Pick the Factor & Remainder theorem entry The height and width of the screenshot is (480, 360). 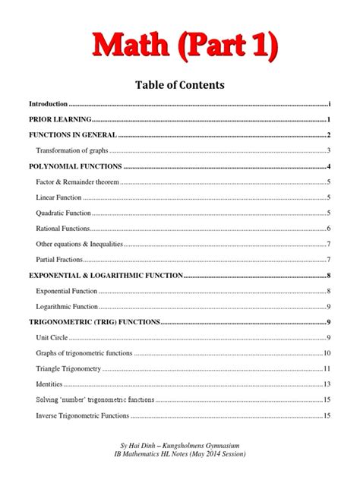tap(77, 182)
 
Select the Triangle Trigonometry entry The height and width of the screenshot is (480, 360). tap(68, 368)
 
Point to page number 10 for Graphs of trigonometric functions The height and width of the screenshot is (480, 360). tap(327, 353)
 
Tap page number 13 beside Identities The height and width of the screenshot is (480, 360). tap(327, 384)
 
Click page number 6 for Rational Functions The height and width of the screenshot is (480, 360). tap(328, 229)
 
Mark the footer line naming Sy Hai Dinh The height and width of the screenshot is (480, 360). tap(179, 442)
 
